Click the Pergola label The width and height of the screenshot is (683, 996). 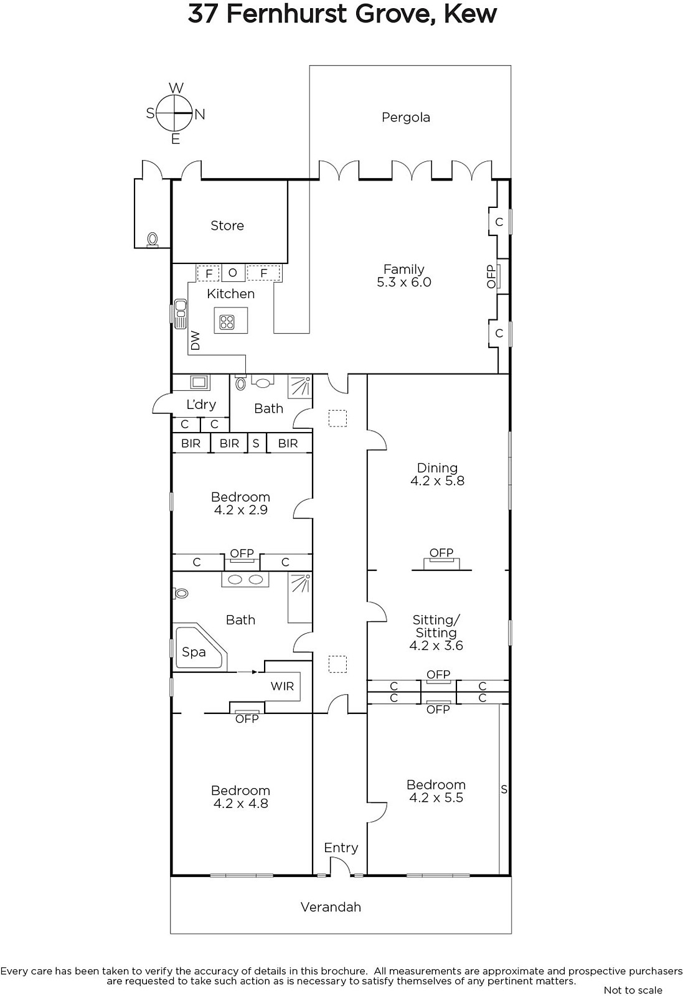coord(405,118)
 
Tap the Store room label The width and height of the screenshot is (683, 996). coord(227,226)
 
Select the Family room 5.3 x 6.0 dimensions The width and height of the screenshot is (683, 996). coord(404,283)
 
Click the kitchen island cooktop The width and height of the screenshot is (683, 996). coord(227,322)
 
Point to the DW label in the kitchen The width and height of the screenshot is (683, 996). coord(195,341)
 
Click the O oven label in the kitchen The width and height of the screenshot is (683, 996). coord(233,273)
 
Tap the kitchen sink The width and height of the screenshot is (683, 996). coord(181,313)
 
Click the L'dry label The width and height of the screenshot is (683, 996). coord(201,405)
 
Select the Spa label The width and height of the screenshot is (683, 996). coord(194,652)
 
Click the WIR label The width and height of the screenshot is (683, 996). coord(282,686)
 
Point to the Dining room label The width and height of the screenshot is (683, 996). coord(437,467)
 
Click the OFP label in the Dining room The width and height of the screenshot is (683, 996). coord(441,553)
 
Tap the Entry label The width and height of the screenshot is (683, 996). coord(341,848)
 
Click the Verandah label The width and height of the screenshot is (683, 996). coord(331,907)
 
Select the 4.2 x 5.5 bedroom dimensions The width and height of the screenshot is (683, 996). coord(436,797)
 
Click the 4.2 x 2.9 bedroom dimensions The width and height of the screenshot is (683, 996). coord(240,510)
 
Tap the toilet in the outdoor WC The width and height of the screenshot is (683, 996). coord(153,239)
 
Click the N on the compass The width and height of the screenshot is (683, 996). coord(200,115)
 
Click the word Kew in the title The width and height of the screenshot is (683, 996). coord(471,14)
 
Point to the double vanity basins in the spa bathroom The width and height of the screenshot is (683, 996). coord(245,580)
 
